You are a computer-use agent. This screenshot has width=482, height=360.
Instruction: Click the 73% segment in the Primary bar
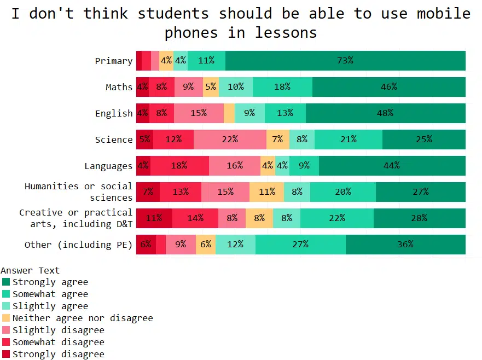click(x=345, y=61)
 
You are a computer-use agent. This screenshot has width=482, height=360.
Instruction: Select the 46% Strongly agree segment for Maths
click(x=389, y=87)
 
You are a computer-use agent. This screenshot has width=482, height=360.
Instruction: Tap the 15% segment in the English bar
click(x=199, y=113)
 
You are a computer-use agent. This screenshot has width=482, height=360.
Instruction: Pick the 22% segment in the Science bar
click(x=230, y=140)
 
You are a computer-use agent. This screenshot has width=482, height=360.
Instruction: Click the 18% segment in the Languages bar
click(x=179, y=166)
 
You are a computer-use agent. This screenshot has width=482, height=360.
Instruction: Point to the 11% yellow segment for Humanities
click(x=267, y=192)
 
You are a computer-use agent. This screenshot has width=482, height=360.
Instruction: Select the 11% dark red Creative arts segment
click(x=154, y=218)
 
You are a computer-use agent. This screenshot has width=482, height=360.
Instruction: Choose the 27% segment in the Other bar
click(x=300, y=245)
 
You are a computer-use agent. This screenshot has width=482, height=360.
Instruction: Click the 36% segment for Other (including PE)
click(x=405, y=245)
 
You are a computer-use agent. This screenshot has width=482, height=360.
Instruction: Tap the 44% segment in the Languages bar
click(x=392, y=166)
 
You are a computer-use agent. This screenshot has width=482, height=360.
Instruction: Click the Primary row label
click(x=114, y=61)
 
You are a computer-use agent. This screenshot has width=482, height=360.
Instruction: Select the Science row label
click(x=114, y=140)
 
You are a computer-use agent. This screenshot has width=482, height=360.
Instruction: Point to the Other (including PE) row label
click(x=78, y=245)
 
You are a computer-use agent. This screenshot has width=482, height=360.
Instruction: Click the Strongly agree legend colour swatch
click(x=6, y=282)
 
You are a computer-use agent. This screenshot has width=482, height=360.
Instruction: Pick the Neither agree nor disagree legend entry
click(x=83, y=318)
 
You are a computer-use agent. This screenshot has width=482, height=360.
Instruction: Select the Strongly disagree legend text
click(x=58, y=354)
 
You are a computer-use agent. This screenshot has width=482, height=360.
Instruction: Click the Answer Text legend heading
click(x=30, y=270)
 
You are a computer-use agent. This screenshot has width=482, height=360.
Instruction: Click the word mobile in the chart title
click(x=443, y=13)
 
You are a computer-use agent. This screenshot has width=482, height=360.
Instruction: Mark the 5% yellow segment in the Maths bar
click(x=211, y=87)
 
